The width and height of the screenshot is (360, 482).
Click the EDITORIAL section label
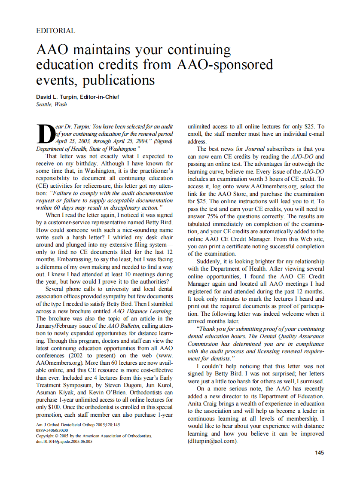tap(56, 31)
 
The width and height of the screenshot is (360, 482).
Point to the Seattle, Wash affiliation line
tap(52, 104)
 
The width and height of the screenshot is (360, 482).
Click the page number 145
tap(319, 452)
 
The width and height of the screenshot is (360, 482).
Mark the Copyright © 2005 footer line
tap(94, 436)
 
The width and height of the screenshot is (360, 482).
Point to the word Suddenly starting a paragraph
tap(210, 261)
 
